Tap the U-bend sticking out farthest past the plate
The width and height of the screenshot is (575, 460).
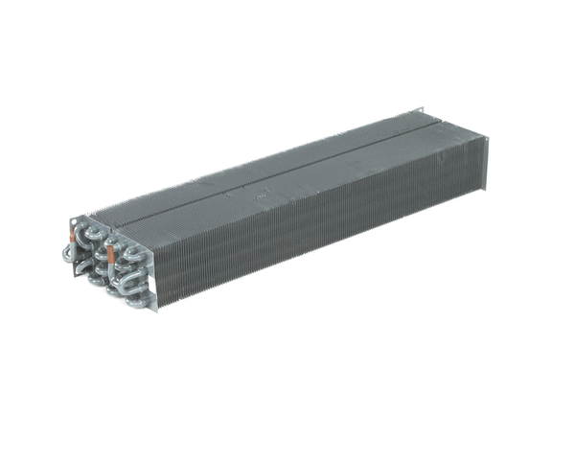coord(68,253)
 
